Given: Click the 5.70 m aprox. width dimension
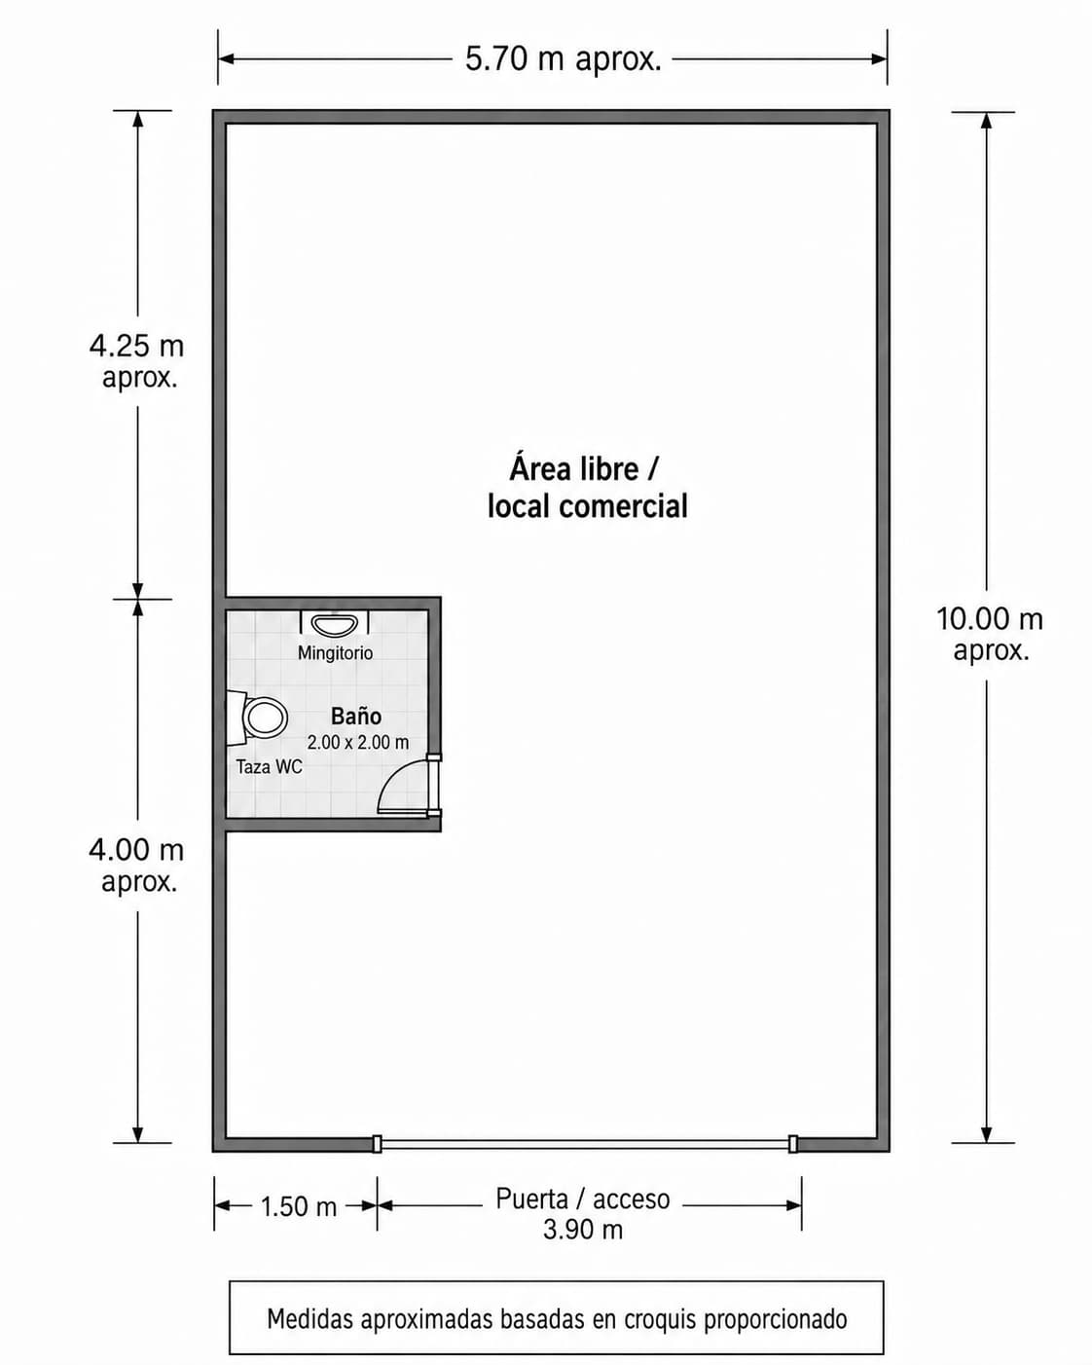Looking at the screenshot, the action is click(x=564, y=59).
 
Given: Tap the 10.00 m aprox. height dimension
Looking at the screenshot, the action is click(x=990, y=634).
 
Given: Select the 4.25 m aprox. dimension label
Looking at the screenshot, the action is click(x=137, y=361).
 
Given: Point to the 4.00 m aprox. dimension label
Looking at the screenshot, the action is click(x=137, y=866).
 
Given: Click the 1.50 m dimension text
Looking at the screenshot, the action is click(x=299, y=1206).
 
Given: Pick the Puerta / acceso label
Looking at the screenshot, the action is click(x=583, y=1199).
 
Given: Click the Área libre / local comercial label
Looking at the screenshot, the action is click(x=587, y=488).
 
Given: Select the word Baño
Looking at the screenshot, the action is click(x=356, y=717).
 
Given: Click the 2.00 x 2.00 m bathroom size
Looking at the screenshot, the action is click(x=358, y=742).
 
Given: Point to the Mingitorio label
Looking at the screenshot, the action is click(x=336, y=652).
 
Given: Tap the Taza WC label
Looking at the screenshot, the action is click(x=269, y=767).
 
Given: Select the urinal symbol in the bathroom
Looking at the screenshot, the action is click(x=334, y=623).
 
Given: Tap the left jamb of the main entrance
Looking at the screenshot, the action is click(x=377, y=1144).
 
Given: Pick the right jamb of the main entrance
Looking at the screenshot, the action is click(x=792, y=1144).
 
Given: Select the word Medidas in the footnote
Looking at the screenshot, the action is click(x=309, y=1318).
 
